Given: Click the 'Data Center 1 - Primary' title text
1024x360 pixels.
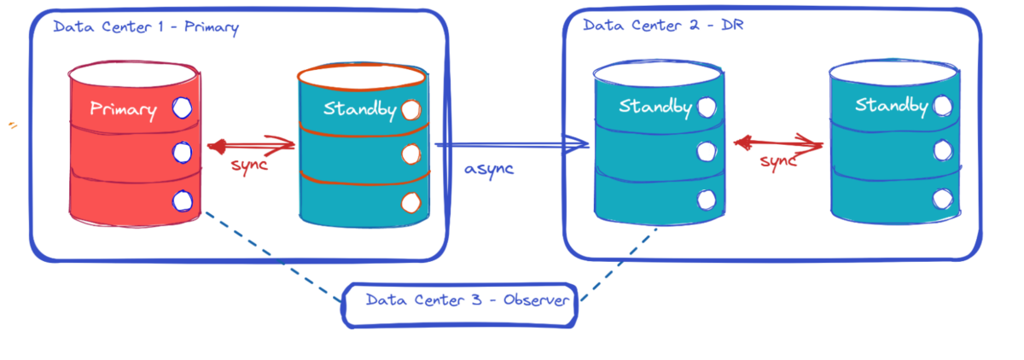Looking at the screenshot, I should (x=145, y=27).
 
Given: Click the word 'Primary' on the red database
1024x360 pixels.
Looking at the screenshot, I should (x=124, y=109).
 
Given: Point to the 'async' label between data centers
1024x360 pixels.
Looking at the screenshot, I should (x=489, y=168).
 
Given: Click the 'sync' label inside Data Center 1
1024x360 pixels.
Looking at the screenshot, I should (x=249, y=165).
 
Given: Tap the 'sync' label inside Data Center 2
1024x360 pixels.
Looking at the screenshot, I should (x=777, y=161).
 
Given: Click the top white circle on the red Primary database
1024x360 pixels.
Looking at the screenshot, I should (x=181, y=108).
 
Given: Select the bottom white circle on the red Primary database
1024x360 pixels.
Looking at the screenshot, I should (x=181, y=201).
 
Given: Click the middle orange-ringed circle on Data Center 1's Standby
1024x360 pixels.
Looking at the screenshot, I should (x=410, y=154).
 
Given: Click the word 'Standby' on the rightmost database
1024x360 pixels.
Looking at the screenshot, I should (x=891, y=106).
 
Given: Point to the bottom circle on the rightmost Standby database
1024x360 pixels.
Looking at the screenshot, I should (x=942, y=198).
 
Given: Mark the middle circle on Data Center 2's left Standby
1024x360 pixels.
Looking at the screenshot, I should (x=706, y=152).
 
